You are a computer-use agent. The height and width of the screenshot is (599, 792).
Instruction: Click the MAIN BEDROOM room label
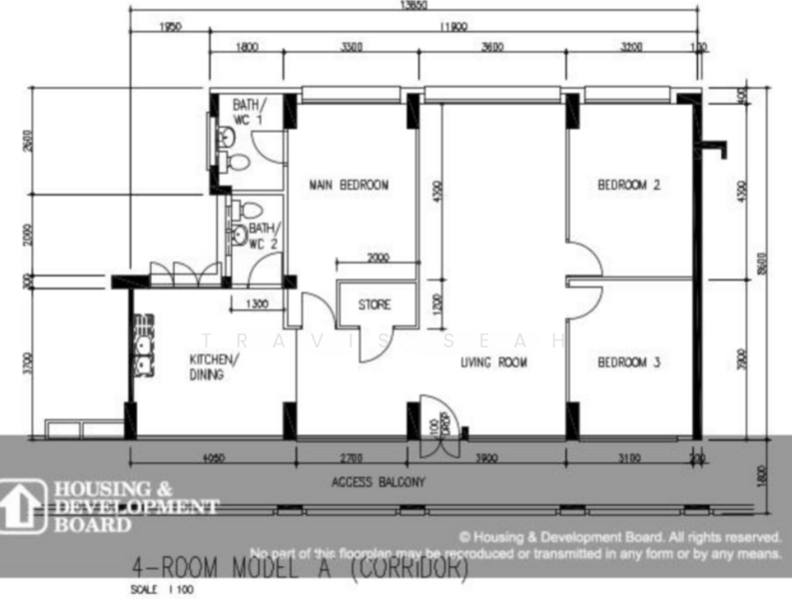click(349, 185)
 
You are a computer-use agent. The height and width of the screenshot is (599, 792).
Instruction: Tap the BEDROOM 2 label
click(629, 185)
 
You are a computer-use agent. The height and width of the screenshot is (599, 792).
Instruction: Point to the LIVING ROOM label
click(493, 362)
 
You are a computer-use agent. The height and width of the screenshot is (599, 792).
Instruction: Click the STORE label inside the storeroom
click(374, 304)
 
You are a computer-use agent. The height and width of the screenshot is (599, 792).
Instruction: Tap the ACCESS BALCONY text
click(379, 482)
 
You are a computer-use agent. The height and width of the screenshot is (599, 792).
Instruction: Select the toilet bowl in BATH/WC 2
click(251, 211)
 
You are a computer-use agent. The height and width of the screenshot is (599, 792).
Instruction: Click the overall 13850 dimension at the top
click(413, 5)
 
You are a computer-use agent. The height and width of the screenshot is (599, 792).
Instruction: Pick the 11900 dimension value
click(452, 28)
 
